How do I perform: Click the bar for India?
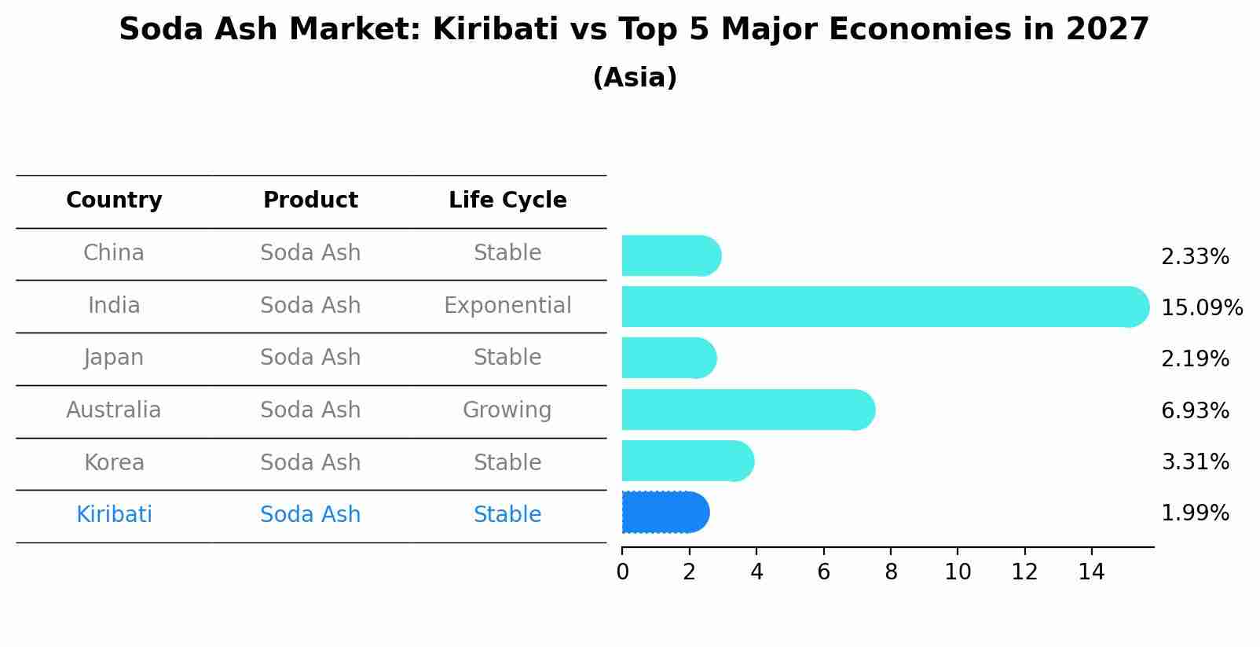885,307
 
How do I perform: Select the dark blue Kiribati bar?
665,513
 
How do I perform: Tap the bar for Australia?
749,410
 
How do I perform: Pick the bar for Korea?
688,461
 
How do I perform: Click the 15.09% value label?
1202,307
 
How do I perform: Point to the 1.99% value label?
1195,513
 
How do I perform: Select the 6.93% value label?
1195,410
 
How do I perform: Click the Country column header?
114,200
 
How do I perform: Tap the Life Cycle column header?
507,200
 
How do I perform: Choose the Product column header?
310,200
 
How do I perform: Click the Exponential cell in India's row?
507,306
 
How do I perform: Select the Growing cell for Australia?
507,410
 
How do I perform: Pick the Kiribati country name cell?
114,514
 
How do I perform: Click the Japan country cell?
114,358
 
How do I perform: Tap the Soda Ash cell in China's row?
310,253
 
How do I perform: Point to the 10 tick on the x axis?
958,572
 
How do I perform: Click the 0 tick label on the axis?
623,572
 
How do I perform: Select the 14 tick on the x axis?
1091,572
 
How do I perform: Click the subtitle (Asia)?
635,77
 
